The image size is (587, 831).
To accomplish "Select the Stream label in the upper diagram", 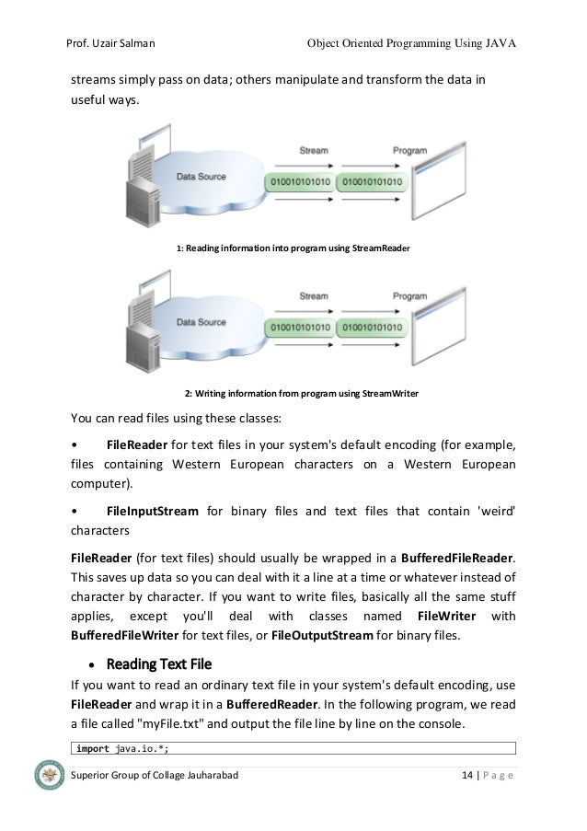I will (x=314, y=150).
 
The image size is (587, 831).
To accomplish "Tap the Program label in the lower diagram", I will (x=409, y=296).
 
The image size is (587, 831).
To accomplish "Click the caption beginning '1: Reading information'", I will (x=293, y=248).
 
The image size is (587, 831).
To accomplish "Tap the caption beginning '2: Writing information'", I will (x=301, y=394).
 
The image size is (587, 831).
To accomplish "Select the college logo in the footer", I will (x=48, y=776).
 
